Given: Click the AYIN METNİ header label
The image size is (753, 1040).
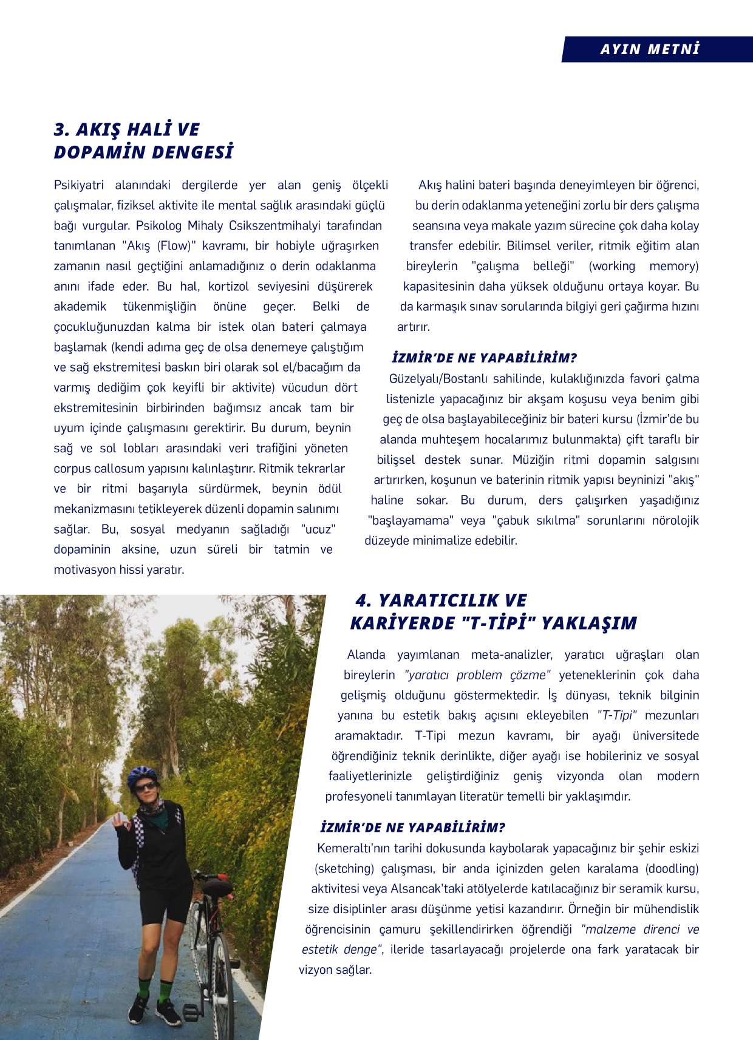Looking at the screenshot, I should (x=650, y=49).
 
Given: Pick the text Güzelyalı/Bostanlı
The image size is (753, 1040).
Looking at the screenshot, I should (x=437, y=379).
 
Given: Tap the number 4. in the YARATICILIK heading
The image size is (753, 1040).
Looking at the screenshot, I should (x=363, y=600).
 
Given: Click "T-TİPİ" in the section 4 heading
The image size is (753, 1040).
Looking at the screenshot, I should (x=498, y=623).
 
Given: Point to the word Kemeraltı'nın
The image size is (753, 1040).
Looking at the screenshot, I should (x=354, y=848).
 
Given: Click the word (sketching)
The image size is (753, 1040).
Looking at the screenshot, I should (x=344, y=868).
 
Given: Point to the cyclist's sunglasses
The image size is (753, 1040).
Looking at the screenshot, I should (x=145, y=787).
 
